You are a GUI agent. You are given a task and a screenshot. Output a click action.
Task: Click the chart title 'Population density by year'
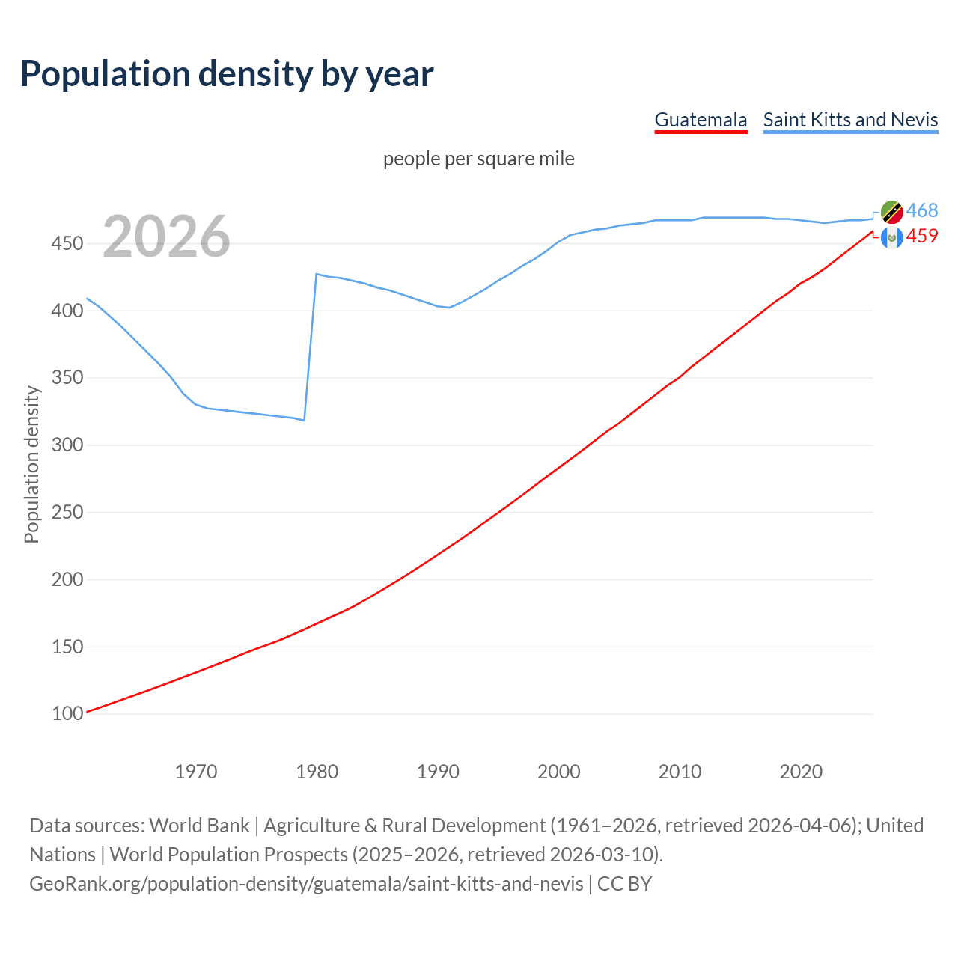[227, 74]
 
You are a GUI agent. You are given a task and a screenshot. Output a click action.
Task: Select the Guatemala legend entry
[701, 120]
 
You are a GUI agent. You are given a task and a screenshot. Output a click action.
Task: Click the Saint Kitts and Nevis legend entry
[850, 120]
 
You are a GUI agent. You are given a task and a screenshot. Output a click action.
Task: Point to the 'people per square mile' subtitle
[478, 159]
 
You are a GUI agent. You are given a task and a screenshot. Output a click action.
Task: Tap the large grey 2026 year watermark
[166, 237]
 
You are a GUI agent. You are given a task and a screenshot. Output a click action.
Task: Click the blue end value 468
[922, 210]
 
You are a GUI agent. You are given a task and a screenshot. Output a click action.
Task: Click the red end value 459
[922, 237]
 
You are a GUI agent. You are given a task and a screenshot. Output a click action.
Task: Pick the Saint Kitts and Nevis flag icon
[891, 212]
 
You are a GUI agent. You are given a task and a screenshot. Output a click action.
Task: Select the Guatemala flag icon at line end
[891, 237]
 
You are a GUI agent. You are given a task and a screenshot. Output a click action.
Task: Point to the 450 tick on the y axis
[67, 244]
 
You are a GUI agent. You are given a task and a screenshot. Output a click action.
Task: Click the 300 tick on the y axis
[67, 445]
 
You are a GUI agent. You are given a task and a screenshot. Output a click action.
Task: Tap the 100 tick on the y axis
[67, 714]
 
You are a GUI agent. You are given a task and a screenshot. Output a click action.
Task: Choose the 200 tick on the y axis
[67, 579]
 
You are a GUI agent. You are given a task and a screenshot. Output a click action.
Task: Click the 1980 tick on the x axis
[317, 772]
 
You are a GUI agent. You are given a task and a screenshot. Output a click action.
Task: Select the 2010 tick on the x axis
[680, 772]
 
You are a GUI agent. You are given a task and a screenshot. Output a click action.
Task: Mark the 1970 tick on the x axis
[196, 772]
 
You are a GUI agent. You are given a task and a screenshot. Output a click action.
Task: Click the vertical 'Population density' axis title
[31, 464]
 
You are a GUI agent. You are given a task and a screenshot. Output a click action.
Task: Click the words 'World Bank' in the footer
[199, 826]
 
